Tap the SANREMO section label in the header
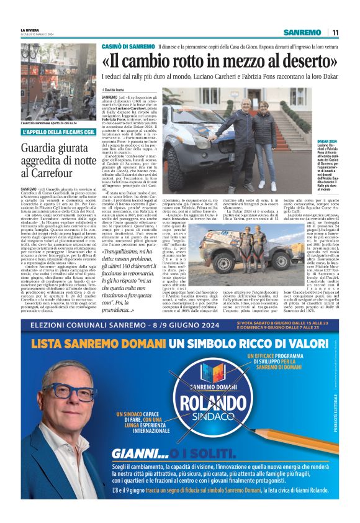(302, 32)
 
